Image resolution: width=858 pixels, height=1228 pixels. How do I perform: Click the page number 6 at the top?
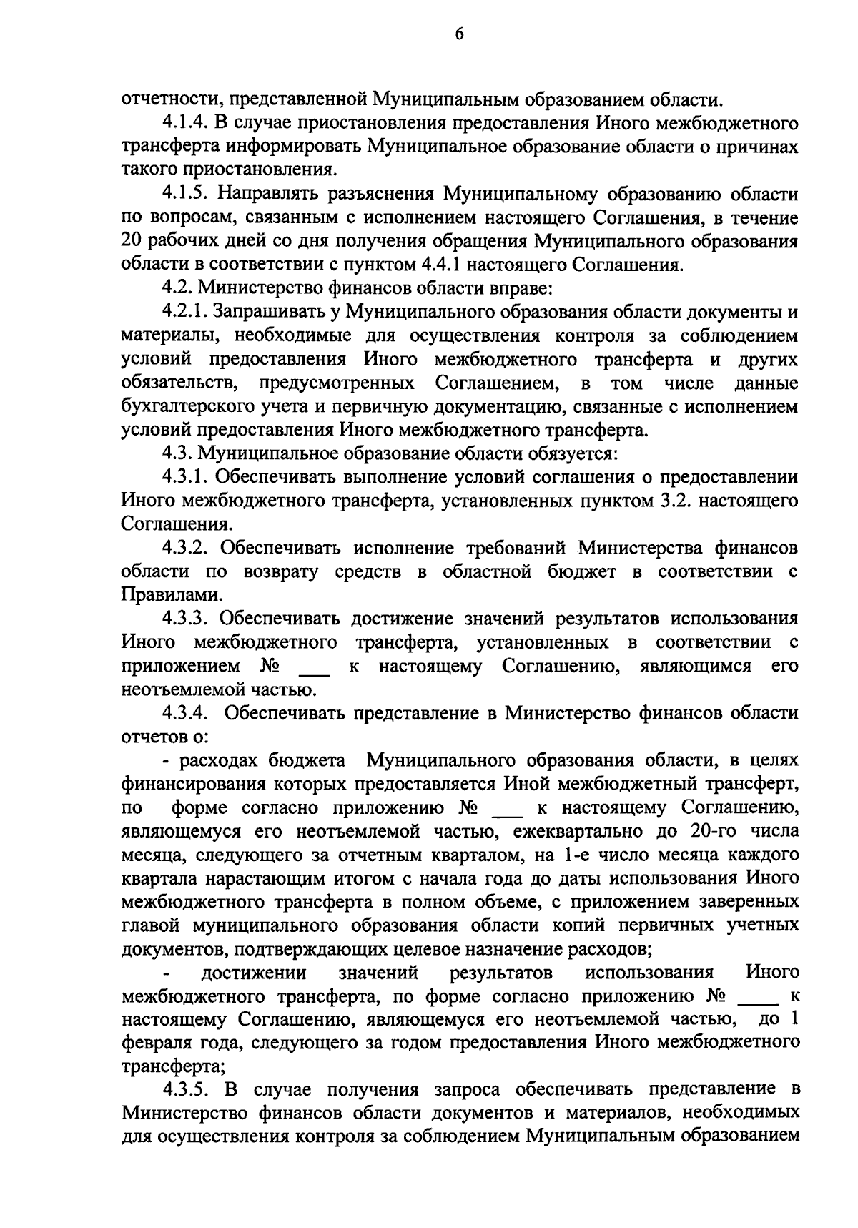click(458, 34)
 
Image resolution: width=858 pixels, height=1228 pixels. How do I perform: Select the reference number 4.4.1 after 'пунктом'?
click(436, 265)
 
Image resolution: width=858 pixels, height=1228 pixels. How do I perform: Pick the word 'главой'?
click(152, 925)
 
